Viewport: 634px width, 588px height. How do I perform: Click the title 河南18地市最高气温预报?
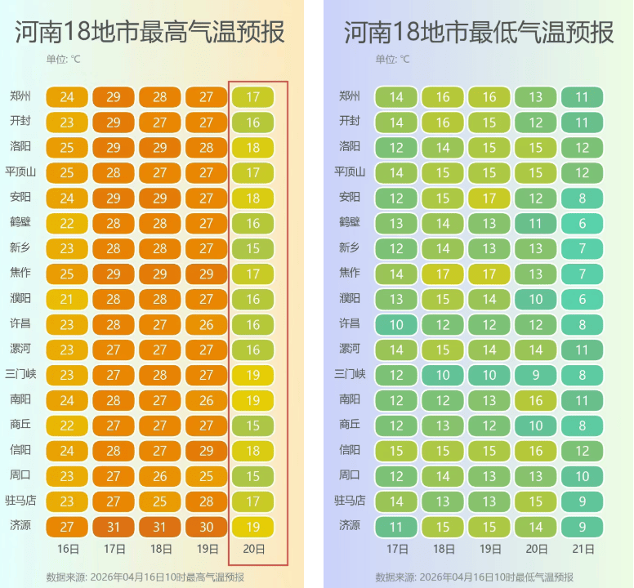[150, 33]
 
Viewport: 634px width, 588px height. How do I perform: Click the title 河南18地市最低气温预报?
[479, 33]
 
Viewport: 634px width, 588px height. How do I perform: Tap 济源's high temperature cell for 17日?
[114, 527]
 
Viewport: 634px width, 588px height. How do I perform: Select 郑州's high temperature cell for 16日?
[67, 97]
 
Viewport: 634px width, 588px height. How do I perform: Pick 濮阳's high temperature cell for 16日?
[67, 300]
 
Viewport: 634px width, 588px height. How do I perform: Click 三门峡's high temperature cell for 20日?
[253, 376]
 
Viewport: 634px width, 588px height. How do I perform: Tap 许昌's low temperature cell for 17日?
[396, 324]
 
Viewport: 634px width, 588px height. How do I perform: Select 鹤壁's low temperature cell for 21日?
[582, 224]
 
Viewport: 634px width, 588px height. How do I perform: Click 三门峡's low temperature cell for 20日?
[535, 376]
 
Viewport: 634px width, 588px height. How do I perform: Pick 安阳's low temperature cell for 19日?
[489, 198]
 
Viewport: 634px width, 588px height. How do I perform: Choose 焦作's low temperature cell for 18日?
[443, 274]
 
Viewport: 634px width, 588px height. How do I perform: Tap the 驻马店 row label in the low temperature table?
[349, 501]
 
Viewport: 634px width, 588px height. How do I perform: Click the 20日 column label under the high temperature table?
[253, 549]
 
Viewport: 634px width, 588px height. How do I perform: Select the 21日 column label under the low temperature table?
[582, 549]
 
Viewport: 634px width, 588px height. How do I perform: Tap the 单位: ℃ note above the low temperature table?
[393, 59]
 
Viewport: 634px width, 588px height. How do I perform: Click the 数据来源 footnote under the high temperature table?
[145, 577]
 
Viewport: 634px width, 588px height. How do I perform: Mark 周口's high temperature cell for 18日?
[160, 476]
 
